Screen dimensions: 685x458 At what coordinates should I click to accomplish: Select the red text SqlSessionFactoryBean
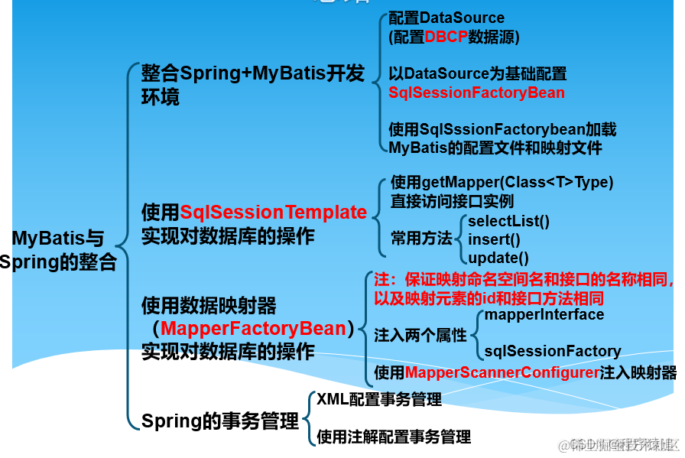[476, 93]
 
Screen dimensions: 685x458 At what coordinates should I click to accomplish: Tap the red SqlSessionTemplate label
[273, 212]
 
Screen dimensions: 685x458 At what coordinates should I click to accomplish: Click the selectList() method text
[508, 222]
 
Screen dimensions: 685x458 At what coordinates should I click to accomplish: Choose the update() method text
[498, 258]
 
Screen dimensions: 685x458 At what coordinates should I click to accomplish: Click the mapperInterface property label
[544, 314]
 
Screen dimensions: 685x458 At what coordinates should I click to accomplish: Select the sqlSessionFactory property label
[552, 351]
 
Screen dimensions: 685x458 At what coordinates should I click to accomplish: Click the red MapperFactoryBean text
[254, 329]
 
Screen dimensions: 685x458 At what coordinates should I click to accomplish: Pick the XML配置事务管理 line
[379, 399]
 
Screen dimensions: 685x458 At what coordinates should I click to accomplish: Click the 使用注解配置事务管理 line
[394, 437]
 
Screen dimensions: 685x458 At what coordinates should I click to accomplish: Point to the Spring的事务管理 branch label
[219, 421]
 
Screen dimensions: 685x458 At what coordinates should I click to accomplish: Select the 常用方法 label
[421, 239]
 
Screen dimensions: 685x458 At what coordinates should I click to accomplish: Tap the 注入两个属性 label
[420, 335]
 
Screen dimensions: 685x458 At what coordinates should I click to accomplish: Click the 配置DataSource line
[446, 18]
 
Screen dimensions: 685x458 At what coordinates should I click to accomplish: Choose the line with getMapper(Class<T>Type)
[502, 183]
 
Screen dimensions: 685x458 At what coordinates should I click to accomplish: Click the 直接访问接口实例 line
[452, 201]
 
